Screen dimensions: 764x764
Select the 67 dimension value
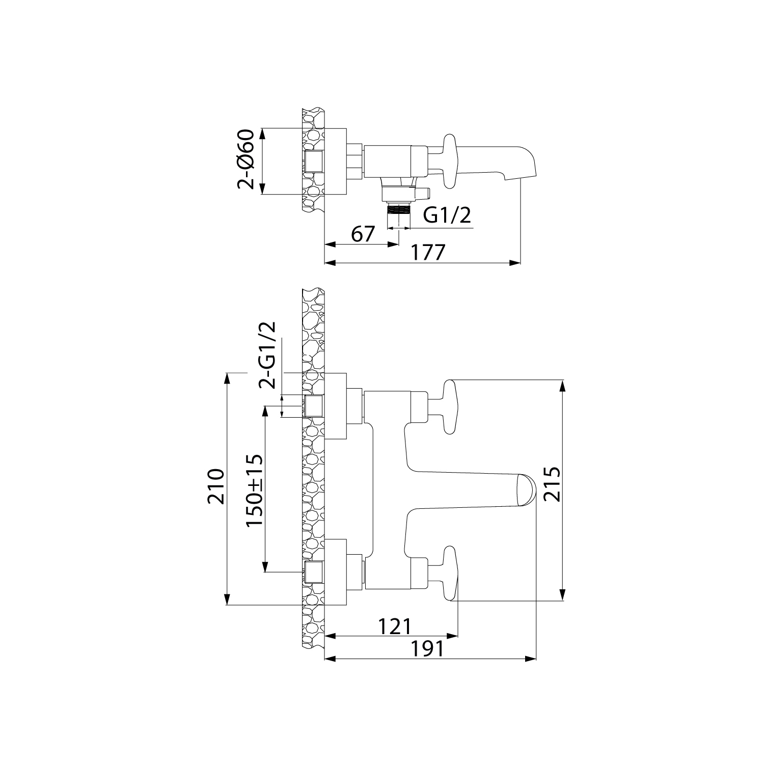click(x=363, y=234)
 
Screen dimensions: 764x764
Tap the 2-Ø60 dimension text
click(x=246, y=160)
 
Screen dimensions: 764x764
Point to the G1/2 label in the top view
click(x=447, y=215)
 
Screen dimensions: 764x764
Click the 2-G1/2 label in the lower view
click(x=267, y=355)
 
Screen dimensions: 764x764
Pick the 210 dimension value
click(x=216, y=486)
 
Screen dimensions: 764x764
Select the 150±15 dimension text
click(x=254, y=490)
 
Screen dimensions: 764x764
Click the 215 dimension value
click(x=552, y=484)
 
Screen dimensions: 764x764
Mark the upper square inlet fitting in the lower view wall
click(x=313, y=406)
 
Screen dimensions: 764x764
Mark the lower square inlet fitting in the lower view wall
click(x=313, y=572)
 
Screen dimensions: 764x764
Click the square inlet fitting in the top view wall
click(x=313, y=161)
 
